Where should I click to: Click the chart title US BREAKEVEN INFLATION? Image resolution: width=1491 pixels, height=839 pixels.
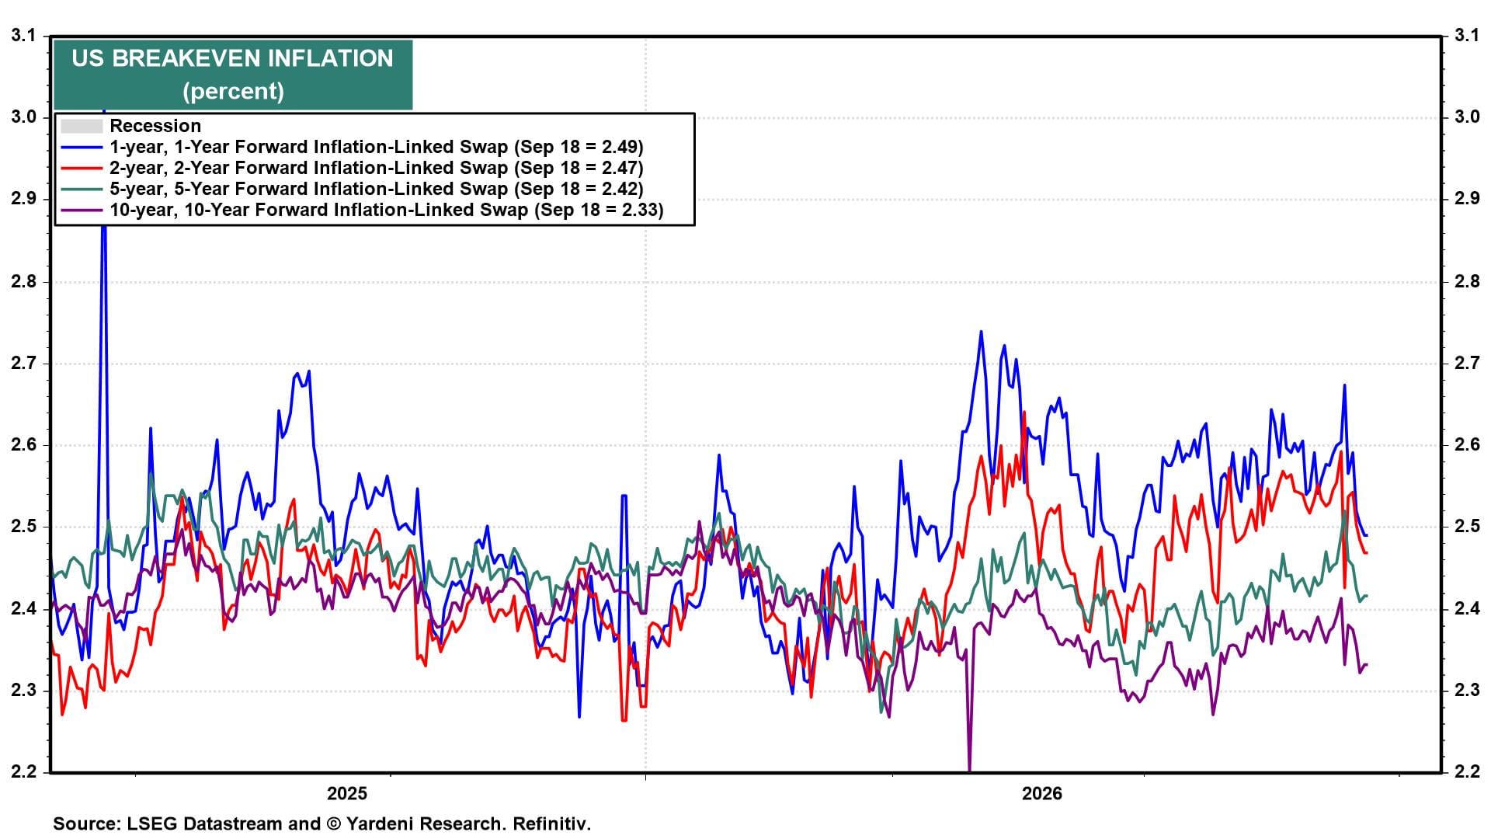[232, 58]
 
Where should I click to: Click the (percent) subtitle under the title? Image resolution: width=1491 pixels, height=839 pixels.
[233, 91]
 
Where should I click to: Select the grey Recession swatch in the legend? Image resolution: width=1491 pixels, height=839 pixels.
[82, 126]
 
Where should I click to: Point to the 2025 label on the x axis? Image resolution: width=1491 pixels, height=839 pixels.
[347, 794]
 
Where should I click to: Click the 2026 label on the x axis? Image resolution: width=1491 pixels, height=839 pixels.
[1042, 794]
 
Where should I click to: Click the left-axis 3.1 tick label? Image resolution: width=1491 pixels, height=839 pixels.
[24, 35]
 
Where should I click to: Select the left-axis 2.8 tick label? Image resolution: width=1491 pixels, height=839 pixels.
[24, 281]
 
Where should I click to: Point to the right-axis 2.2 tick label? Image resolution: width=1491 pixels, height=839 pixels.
[1467, 772]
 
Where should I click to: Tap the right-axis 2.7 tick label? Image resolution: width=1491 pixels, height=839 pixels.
[1467, 363]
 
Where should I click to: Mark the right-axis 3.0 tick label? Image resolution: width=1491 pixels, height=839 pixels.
[1467, 117]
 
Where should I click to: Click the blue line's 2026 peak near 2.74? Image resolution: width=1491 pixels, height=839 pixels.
[981, 332]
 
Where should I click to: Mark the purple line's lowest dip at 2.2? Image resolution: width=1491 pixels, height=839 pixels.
[969, 770]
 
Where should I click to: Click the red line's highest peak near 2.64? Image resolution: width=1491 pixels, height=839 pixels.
[1024, 413]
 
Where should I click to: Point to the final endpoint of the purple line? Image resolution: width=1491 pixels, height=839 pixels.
[1366, 664]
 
